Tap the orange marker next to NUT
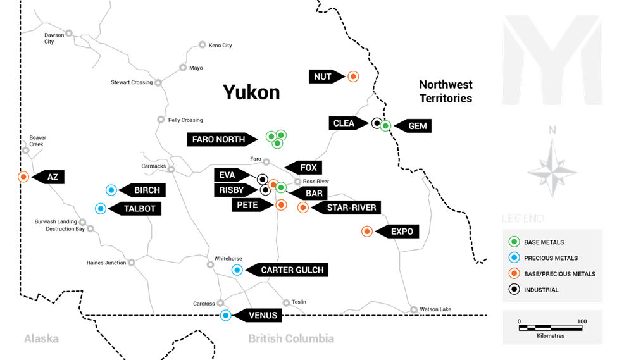353,77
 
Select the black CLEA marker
377,123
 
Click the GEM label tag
415,126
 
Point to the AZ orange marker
23,177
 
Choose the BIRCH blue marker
111,189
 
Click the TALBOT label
138,208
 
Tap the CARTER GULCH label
290,270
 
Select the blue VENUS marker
225,314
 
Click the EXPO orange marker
366,232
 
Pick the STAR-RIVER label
350,208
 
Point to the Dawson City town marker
68,33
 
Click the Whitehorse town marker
210,264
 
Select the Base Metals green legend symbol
514,242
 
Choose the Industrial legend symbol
514,290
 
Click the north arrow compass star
552,168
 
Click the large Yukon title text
251,92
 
